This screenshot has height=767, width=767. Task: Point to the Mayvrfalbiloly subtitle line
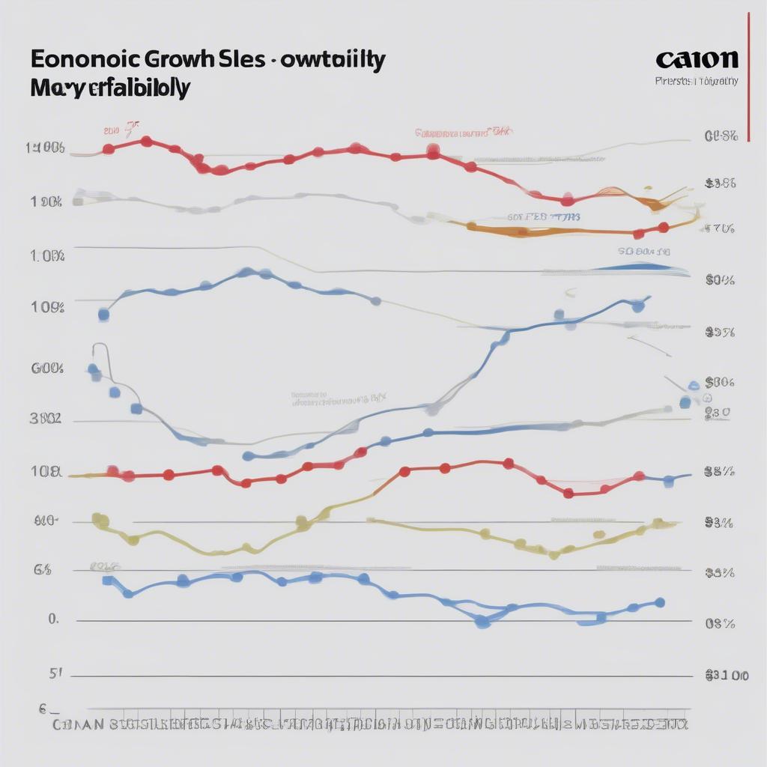(110, 88)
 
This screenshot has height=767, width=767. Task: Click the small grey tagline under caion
(696, 80)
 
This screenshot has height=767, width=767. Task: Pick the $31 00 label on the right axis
(727, 676)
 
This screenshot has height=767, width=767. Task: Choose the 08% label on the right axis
(719, 623)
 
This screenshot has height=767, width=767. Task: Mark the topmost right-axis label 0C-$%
(721, 136)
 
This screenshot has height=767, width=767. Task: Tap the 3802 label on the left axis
(45, 420)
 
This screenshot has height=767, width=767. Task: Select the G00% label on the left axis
(47, 369)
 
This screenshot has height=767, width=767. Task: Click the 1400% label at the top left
(45, 148)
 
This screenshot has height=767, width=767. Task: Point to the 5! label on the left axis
(55, 673)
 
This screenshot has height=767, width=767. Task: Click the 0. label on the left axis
(52, 619)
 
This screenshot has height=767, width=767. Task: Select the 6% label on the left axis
(43, 570)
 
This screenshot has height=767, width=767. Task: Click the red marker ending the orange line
(663, 227)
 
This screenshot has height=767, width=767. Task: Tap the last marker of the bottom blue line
(659, 602)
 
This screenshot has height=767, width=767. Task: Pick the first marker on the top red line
(109, 148)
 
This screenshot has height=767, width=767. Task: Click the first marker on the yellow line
(96, 518)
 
